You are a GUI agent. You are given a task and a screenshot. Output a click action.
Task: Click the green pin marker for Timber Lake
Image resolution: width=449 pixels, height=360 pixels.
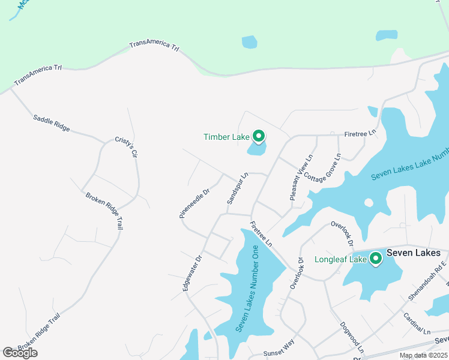(259, 137)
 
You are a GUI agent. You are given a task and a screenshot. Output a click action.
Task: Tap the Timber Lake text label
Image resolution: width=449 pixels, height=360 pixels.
(226, 137)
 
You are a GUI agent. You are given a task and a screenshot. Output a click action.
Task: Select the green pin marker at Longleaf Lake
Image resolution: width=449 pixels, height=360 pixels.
(376, 259)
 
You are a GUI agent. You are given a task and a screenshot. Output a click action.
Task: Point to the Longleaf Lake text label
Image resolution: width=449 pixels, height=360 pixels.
(340, 260)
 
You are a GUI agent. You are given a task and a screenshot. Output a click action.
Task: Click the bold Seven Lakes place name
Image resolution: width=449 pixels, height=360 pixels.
(413, 253)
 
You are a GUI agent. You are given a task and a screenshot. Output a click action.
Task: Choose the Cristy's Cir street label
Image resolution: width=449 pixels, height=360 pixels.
(127, 147)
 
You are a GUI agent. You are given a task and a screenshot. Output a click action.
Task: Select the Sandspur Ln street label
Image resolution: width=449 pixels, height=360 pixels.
(237, 189)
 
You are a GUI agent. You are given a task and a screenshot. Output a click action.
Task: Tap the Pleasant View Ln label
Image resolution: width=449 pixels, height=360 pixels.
(301, 178)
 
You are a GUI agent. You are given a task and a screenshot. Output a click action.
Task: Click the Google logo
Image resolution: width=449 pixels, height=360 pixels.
(20, 353)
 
